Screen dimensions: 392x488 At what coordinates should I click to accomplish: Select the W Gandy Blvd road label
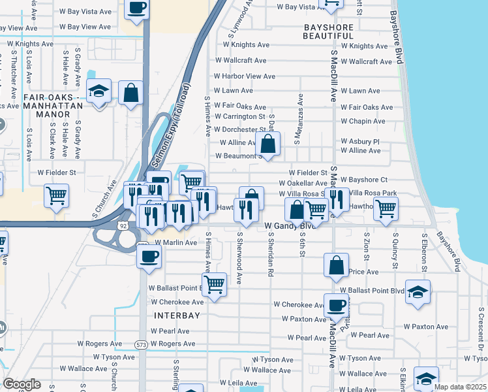(x=290, y=226)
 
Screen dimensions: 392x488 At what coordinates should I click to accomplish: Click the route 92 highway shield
(x=123, y=225)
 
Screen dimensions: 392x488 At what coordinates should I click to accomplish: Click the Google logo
(x=22, y=384)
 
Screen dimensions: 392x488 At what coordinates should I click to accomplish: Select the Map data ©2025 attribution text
(x=460, y=387)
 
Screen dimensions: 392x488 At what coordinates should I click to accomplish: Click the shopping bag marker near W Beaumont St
(x=268, y=144)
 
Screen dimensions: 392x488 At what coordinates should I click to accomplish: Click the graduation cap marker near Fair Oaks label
(x=99, y=91)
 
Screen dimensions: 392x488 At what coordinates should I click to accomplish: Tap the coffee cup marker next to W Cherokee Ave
(x=337, y=305)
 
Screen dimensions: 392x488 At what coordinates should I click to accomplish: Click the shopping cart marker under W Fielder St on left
(x=56, y=195)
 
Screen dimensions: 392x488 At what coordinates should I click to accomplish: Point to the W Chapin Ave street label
(x=363, y=122)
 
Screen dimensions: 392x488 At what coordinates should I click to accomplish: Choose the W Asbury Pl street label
(x=359, y=142)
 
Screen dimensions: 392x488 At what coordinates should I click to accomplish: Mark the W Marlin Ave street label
(x=175, y=242)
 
